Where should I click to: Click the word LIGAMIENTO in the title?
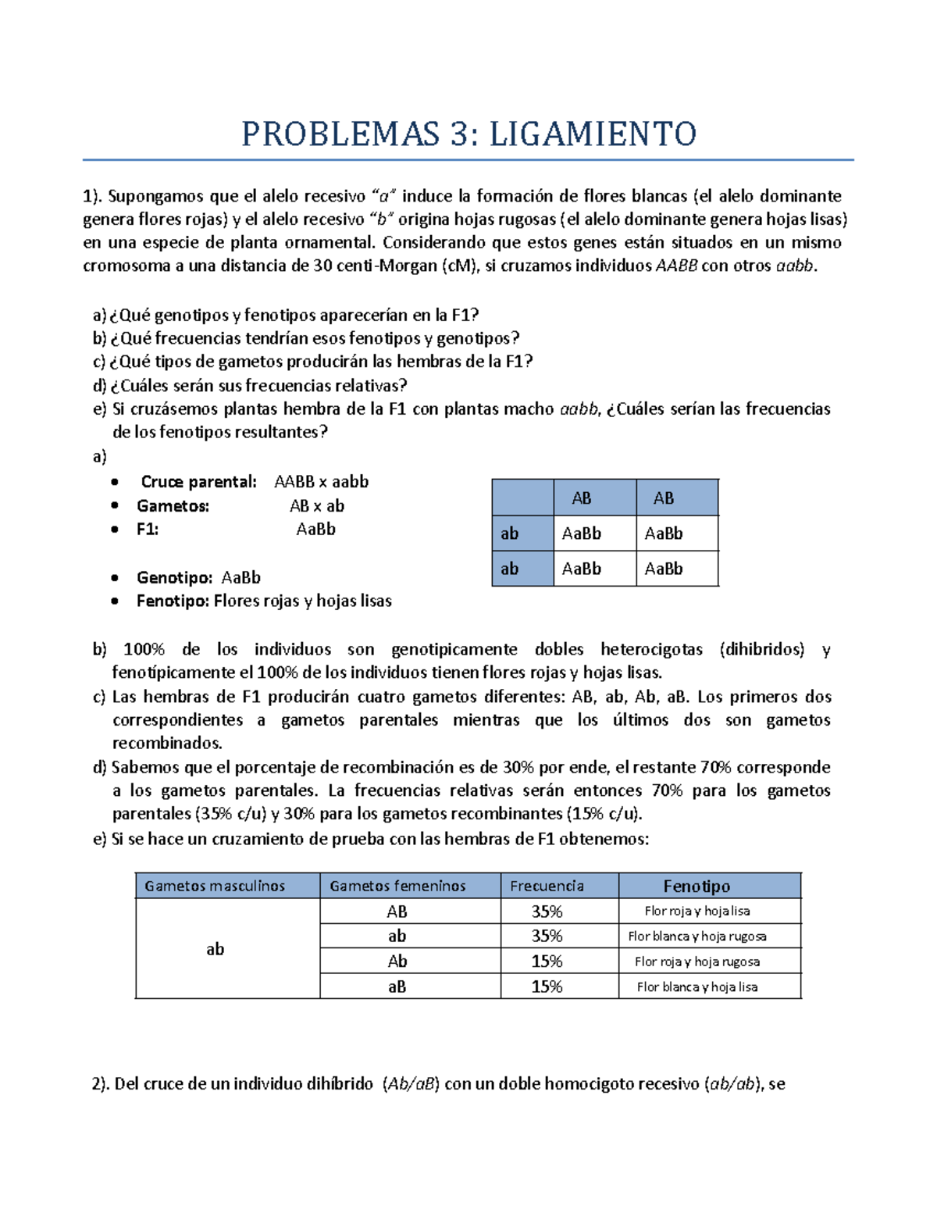point(593,134)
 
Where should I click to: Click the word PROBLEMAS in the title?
point(340,134)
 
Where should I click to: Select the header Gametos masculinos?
point(215,886)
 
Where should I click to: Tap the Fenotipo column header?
point(697,886)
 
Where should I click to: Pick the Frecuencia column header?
point(547,886)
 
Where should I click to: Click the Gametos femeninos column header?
point(397,886)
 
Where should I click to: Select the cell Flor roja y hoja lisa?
point(697,911)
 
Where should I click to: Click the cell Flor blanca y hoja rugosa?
point(697,936)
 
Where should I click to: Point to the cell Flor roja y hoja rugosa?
point(697,961)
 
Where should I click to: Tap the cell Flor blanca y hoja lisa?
point(697,986)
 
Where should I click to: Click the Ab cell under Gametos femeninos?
point(397,961)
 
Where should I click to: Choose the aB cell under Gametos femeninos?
point(397,986)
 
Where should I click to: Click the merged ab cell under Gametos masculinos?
point(215,949)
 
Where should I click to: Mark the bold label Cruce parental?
point(198,482)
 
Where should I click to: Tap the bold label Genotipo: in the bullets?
point(174,577)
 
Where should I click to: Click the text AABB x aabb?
point(321,482)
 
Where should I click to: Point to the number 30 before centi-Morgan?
point(323,266)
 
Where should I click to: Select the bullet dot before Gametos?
point(116,506)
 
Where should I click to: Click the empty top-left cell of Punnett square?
point(522,498)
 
